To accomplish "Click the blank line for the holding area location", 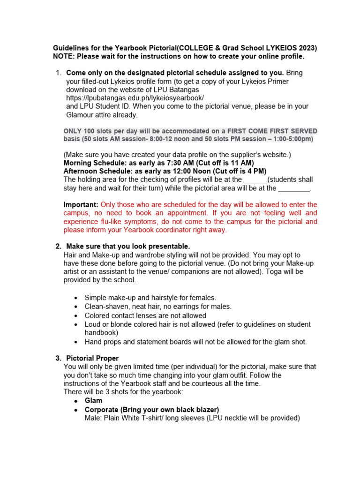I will pos(255,180).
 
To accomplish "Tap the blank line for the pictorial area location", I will pos(294,188).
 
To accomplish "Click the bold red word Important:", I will pos(81,205).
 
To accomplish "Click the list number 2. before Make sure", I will pos(58,247).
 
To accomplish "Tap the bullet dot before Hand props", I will pos(76,342).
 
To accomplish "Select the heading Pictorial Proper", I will pos(92,358).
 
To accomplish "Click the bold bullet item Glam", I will pos(93,401).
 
